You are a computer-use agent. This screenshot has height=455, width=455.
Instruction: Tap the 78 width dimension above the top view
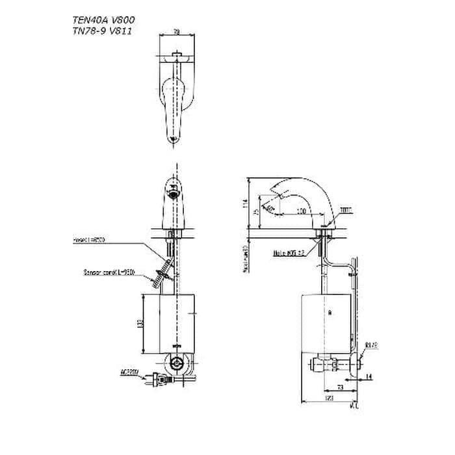pyautogui.click(x=177, y=31)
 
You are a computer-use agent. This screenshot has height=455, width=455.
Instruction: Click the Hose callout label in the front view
pyautogui.click(x=90, y=240)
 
